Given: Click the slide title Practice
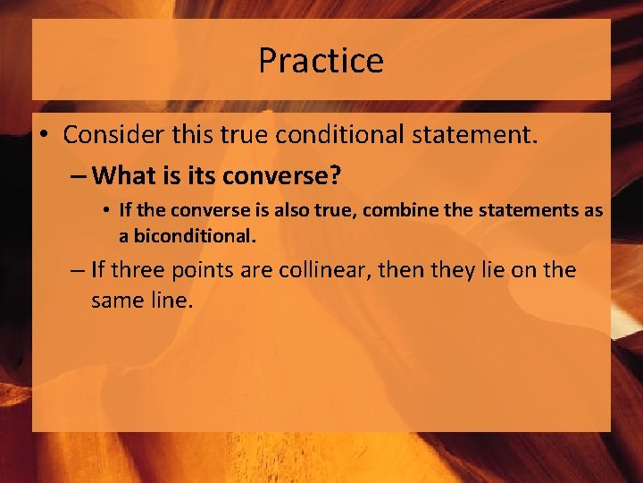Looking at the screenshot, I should pyautogui.click(x=321, y=61).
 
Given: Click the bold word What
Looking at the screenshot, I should pyautogui.click(x=122, y=174).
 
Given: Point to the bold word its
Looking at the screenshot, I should pyautogui.click(x=199, y=175).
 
